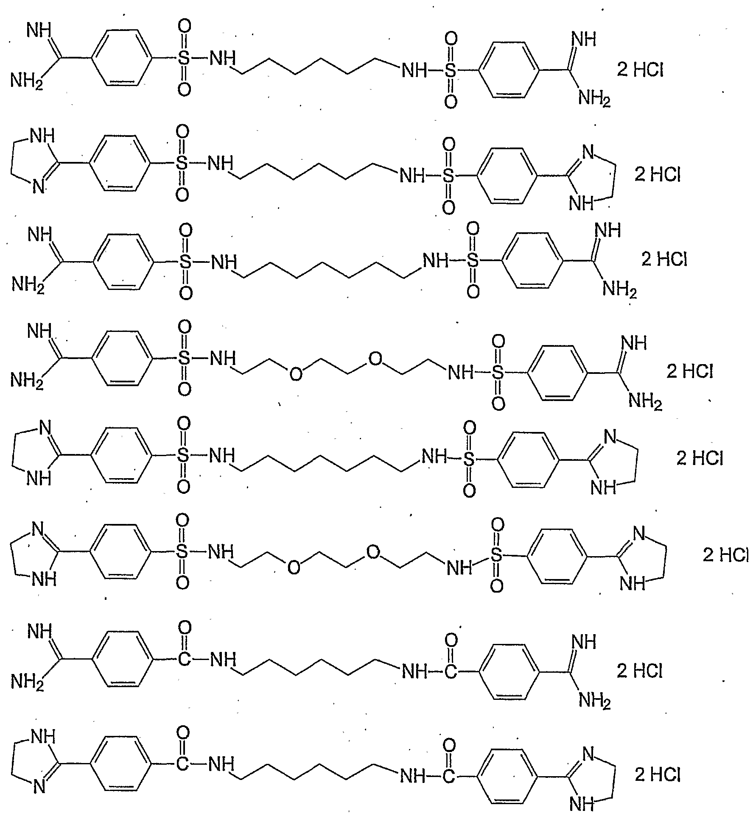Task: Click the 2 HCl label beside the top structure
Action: pyautogui.click(x=640, y=70)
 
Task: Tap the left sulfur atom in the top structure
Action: pyautogui.click(x=184, y=59)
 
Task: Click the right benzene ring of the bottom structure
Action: pyautogui.click(x=508, y=777)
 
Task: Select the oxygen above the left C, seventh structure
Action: pyautogui.click(x=185, y=628)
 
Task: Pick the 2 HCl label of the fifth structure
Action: pyautogui.click(x=700, y=458)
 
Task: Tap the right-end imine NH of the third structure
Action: pyautogui.click(x=607, y=231)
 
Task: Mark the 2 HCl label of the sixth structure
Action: pyautogui.click(x=726, y=555)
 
